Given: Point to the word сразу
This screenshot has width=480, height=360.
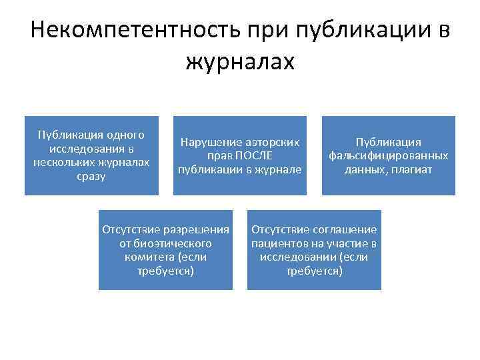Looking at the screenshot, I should tap(92, 177).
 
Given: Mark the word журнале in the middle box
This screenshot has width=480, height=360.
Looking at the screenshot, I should tap(283, 169).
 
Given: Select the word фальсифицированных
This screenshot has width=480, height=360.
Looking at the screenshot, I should tap(388, 156).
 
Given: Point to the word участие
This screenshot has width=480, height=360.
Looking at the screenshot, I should tap(347, 243).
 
